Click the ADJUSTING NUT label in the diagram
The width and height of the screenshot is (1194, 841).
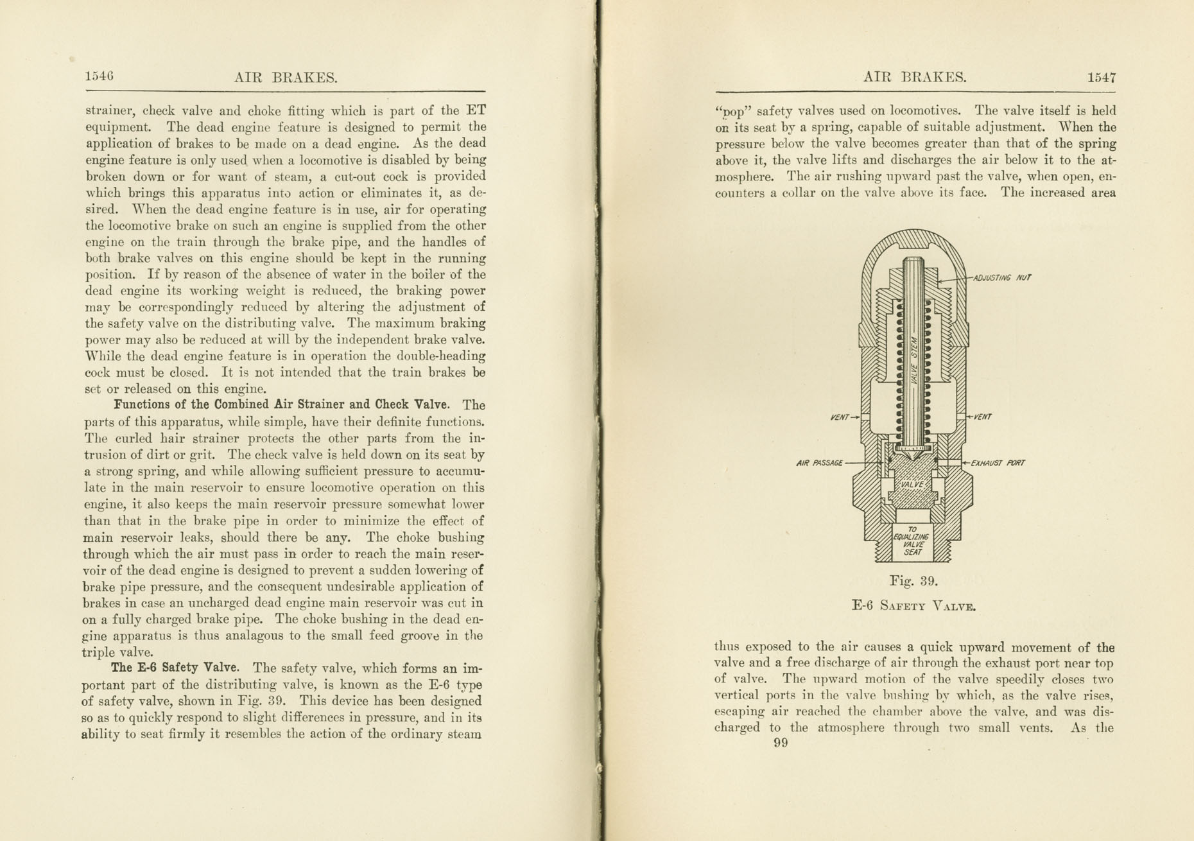(1002, 278)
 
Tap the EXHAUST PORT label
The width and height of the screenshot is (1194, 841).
(998, 463)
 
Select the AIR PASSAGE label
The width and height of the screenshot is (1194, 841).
(819, 463)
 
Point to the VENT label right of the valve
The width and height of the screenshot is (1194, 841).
(983, 417)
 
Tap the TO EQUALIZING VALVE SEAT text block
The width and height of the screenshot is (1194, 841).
(912, 541)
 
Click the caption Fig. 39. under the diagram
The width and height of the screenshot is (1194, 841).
(913, 582)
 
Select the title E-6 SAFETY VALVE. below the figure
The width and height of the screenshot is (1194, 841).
(913, 605)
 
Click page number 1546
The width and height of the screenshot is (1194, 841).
(99, 76)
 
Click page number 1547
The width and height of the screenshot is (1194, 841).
(1102, 78)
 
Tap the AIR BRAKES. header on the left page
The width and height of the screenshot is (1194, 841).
(286, 78)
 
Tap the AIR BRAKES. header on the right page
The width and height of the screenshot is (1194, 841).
(915, 78)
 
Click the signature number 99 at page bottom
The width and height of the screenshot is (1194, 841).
(781, 743)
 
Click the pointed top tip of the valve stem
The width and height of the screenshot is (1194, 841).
(913, 259)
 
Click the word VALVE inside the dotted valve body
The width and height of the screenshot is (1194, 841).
(912, 485)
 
